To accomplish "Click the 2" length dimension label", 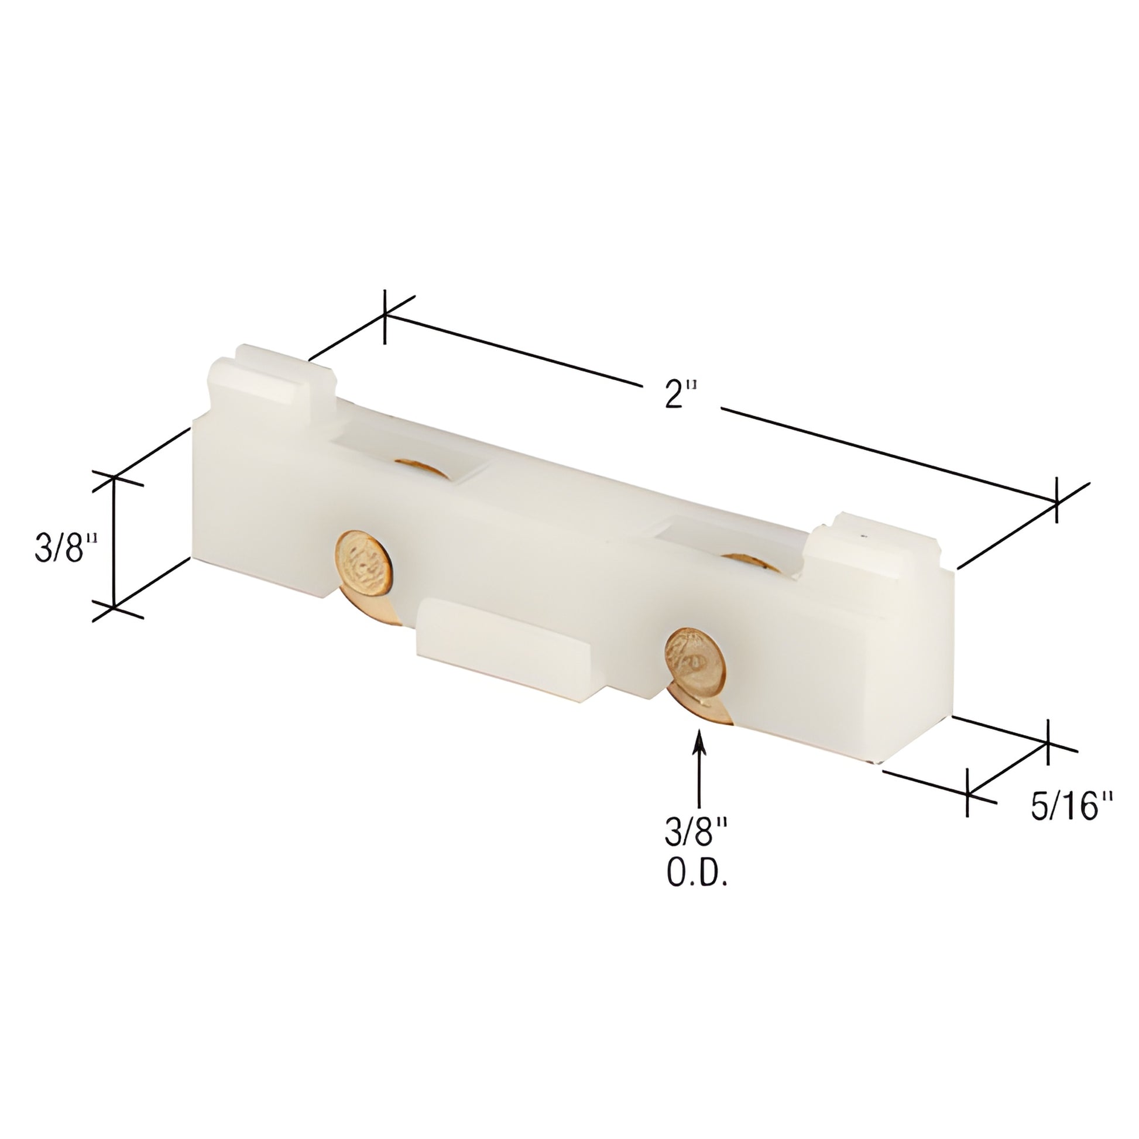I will point(681,394).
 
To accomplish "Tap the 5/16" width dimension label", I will point(1071,806).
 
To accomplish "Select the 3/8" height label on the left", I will point(66,547).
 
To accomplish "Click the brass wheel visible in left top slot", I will point(421,468).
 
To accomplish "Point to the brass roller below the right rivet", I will point(705,711).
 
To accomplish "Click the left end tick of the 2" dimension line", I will point(385,317).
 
